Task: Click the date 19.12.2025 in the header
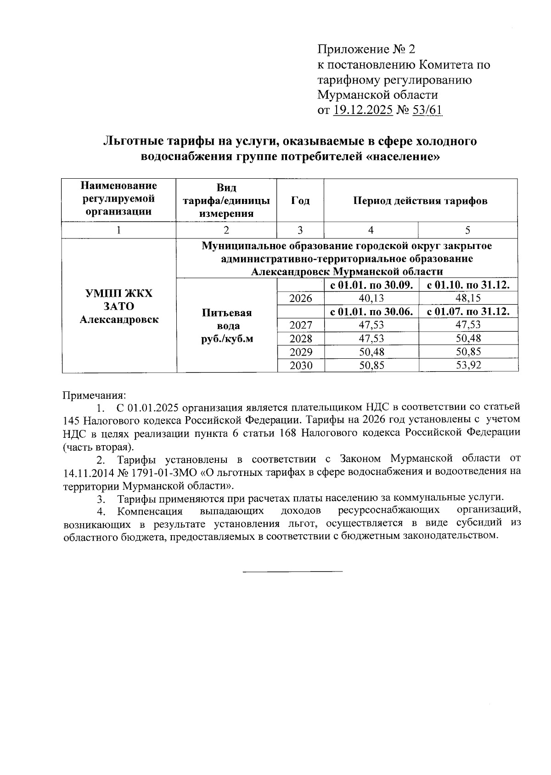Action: point(363,110)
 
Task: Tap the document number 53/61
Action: point(427,110)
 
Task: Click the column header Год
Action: point(300,201)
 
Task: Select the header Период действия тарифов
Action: point(421,201)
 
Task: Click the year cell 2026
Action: point(301,299)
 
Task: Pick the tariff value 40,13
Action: point(371,299)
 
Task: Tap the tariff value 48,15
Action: point(468,299)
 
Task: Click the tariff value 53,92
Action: point(468,366)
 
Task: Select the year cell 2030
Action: point(301,366)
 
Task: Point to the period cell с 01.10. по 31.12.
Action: point(468,285)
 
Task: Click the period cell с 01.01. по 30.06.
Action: point(371,311)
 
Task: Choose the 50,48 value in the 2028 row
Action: point(468,339)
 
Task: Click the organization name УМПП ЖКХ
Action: point(119,294)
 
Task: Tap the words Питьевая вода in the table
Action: point(227,319)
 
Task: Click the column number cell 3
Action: point(300,230)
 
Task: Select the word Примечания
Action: point(94,395)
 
